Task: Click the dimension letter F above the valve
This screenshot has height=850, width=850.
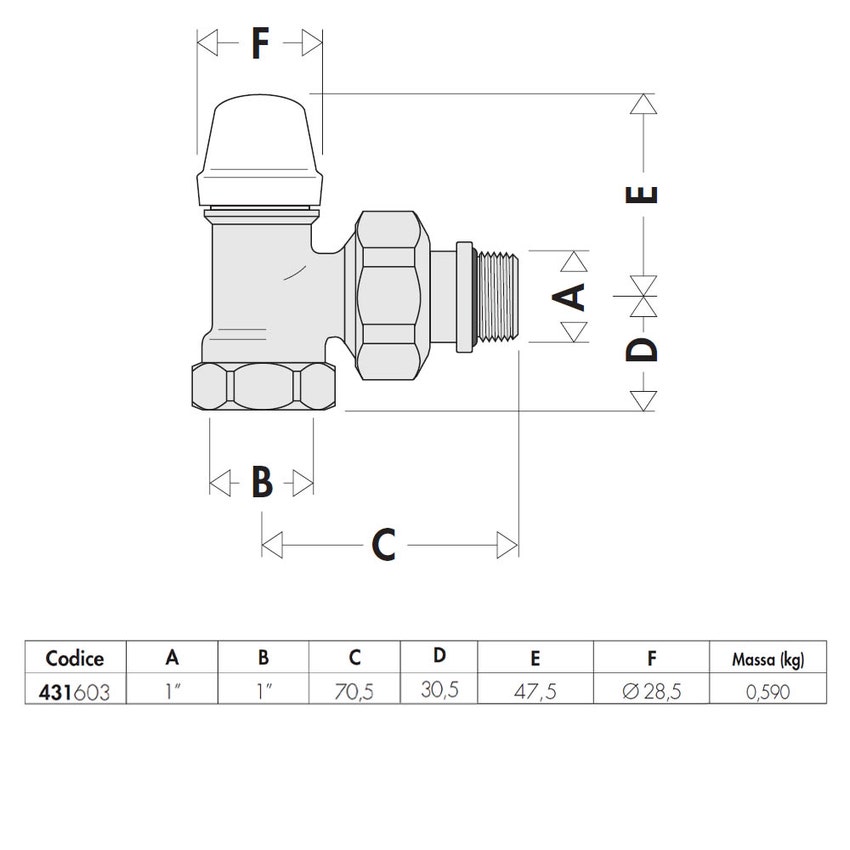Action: (260, 43)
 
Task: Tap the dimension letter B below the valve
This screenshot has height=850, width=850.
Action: (262, 481)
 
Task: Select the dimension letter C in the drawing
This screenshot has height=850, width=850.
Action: (384, 544)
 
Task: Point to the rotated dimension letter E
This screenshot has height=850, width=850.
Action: (642, 194)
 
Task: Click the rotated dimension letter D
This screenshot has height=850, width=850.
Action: (642, 349)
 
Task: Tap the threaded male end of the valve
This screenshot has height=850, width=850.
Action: (498, 297)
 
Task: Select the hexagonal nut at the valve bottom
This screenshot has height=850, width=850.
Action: (264, 386)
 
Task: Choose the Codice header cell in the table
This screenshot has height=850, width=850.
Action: (75, 658)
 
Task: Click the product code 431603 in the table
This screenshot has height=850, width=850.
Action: (74, 692)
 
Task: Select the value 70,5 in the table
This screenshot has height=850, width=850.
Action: (354, 692)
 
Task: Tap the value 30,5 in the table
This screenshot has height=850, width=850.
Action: (440, 690)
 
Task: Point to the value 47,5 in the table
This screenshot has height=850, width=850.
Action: (535, 692)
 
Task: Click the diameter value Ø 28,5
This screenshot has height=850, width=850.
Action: (652, 692)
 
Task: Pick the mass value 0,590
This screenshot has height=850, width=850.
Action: (768, 692)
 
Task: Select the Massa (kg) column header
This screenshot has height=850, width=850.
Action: (768, 660)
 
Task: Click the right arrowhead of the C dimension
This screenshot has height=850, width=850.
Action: (507, 545)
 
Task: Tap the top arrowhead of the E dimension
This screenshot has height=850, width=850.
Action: (643, 104)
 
